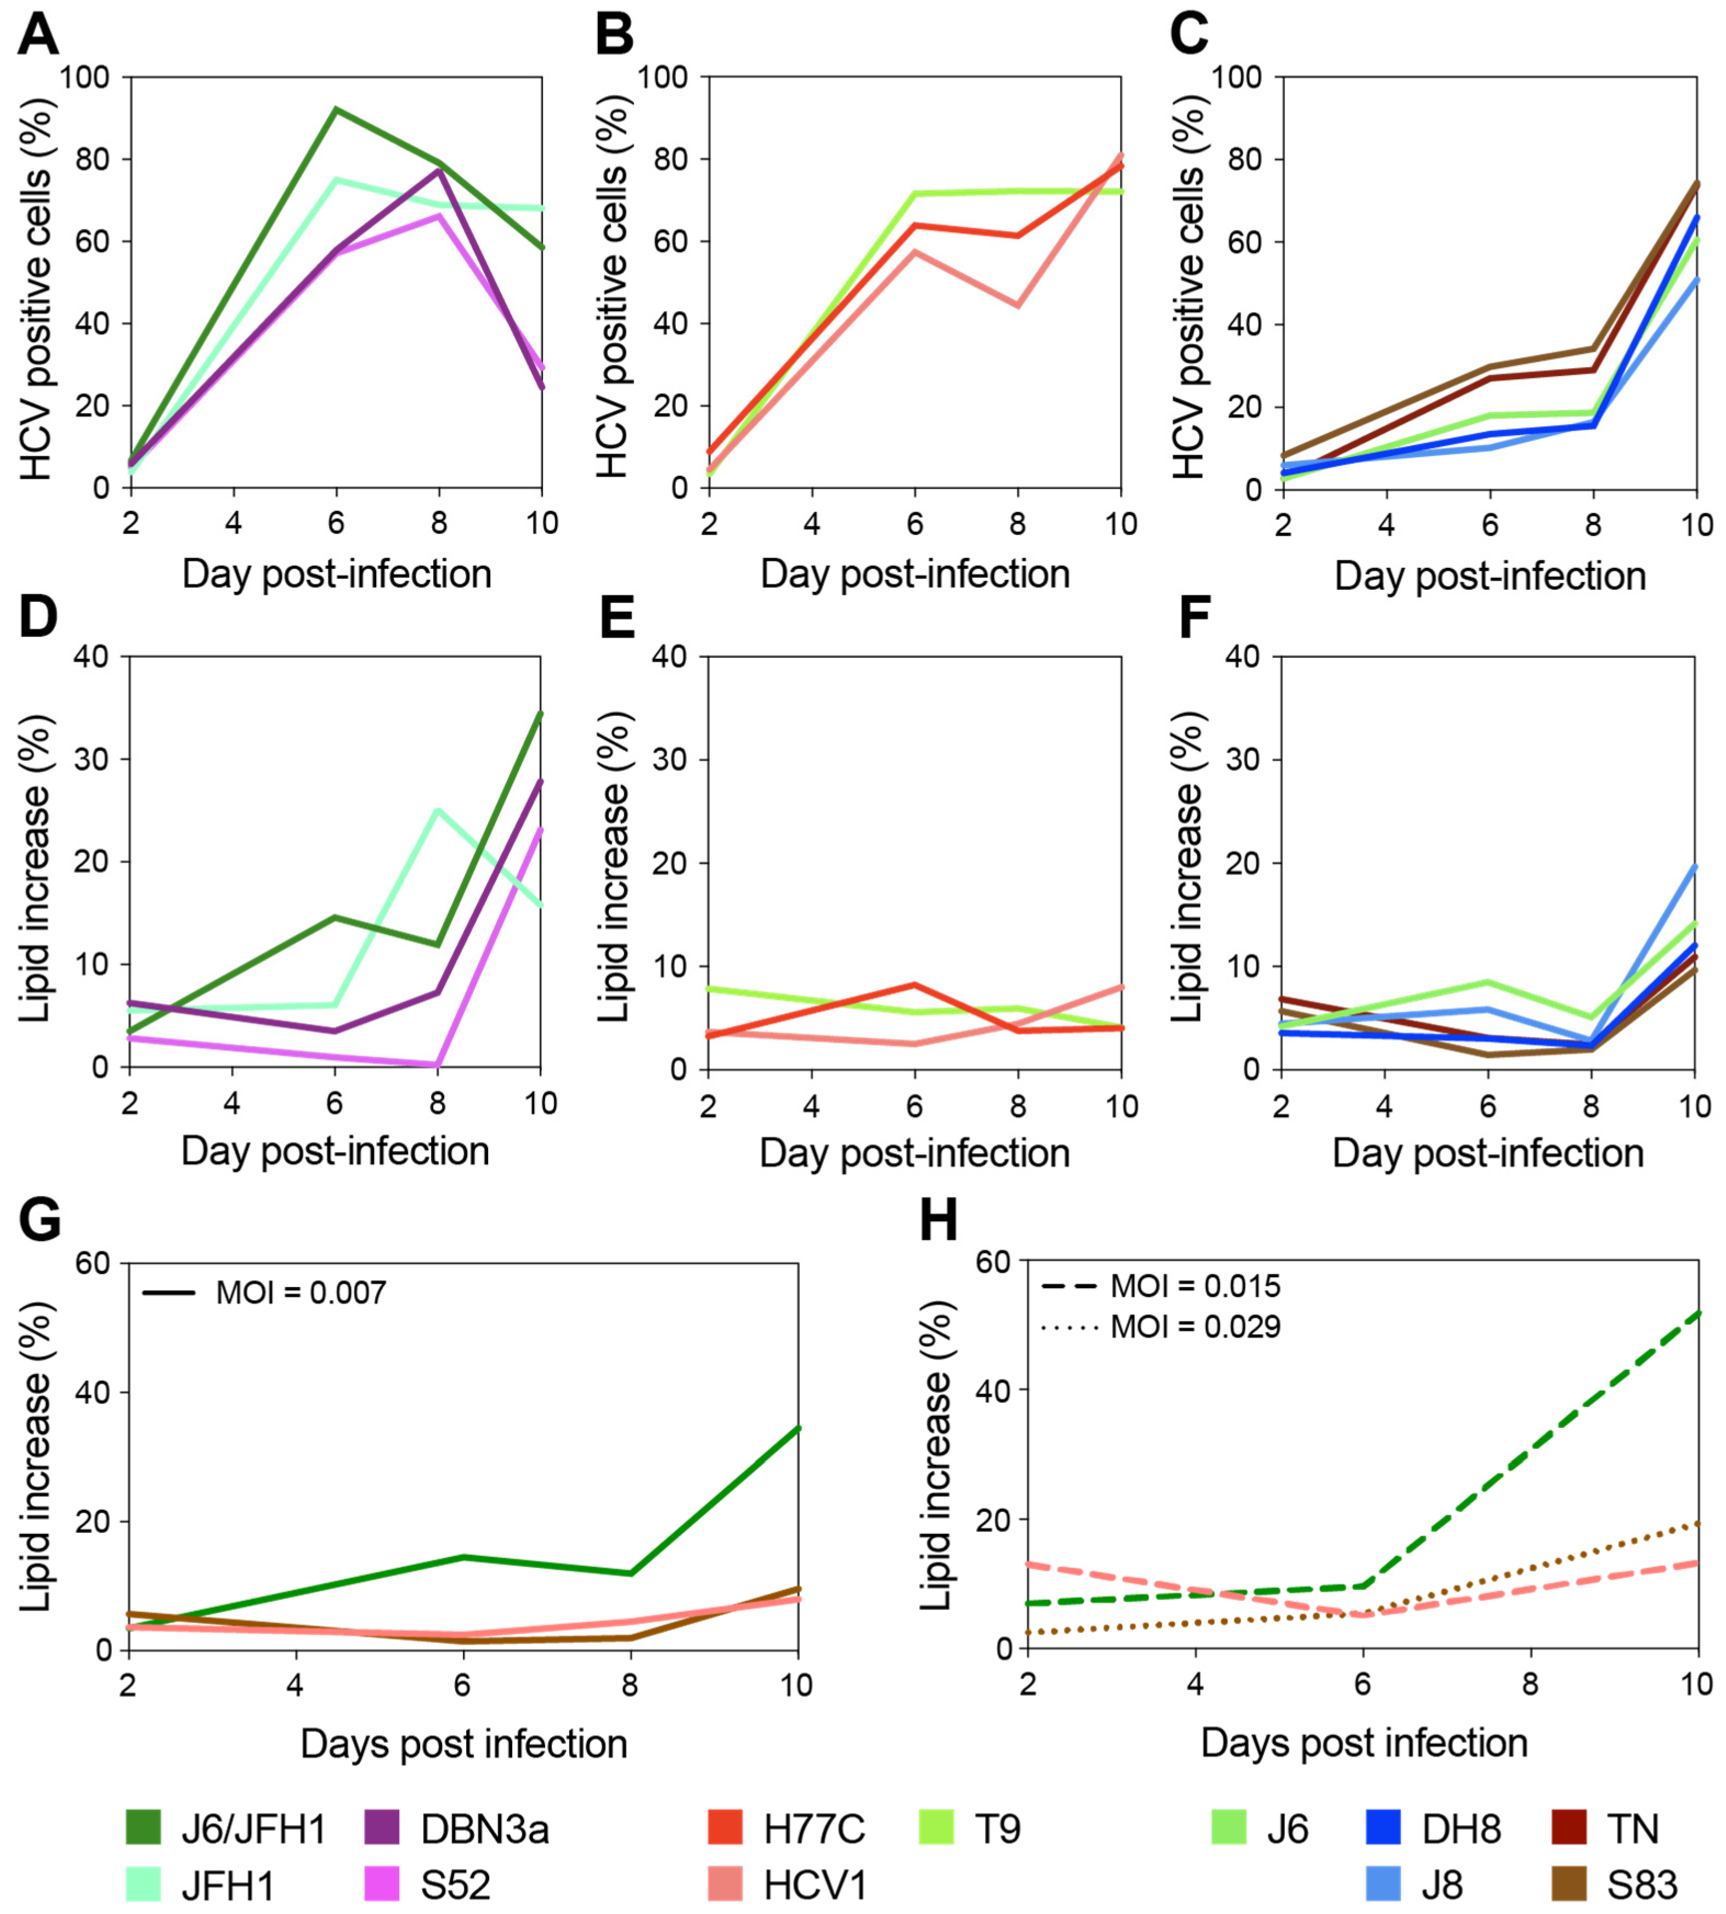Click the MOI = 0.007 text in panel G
tap(301, 1293)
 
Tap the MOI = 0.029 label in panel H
tap(1195, 1326)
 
